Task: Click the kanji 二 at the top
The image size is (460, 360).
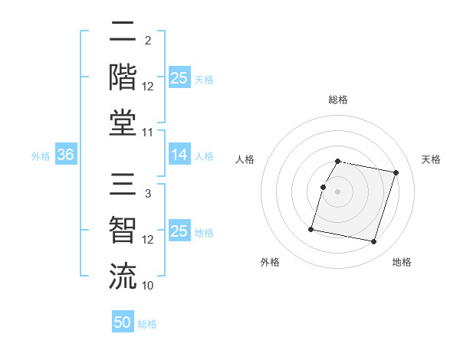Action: pos(123,31)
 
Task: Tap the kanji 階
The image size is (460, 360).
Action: pos(123,77)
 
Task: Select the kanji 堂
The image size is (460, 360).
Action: pos(123,122)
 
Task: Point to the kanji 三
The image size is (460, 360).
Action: pos(123,185)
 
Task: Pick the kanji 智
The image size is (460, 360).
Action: pos(123,231)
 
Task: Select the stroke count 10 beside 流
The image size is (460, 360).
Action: pos(148,286)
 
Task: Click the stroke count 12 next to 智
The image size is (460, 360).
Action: pos(148,240)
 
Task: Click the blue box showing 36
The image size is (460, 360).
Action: pos(66,155)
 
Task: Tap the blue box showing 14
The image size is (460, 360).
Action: pos(179,155)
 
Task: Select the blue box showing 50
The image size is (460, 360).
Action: pos(123,322)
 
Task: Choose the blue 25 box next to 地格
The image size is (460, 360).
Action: pos(179,231)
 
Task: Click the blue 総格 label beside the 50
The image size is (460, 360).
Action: pos(147,324)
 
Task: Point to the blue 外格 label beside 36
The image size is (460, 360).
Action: pos(41,156)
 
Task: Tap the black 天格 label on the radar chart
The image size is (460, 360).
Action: pos(431,159)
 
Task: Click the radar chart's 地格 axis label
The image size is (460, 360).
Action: pos(402,262)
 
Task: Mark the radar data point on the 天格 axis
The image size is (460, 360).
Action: pos(396,173)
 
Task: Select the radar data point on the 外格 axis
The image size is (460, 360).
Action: pos(311,228)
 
